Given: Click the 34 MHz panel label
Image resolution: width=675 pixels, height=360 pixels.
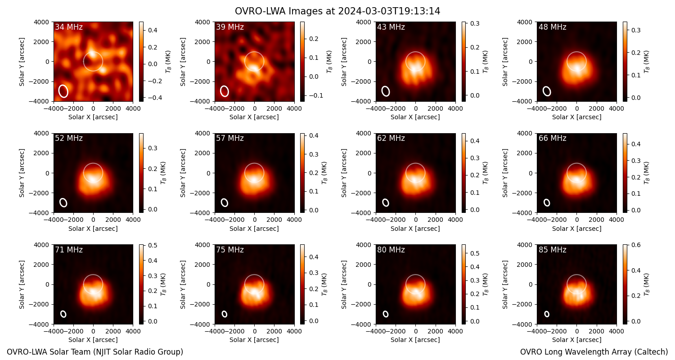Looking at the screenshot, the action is tap(69, 27).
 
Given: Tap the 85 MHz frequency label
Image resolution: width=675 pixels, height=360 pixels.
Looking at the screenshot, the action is tap(552, 250).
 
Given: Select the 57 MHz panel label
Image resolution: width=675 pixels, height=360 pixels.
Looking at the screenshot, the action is tap(230, 138).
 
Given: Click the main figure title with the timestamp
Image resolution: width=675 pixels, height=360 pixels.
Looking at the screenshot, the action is tap(337, 11).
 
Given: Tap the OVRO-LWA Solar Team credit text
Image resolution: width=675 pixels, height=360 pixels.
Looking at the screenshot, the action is tap(95, 352).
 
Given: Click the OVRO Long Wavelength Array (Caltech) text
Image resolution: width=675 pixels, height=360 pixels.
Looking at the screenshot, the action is tap(594, 352).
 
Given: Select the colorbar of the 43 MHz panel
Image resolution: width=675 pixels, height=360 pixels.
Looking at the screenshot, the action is tap(463, 62).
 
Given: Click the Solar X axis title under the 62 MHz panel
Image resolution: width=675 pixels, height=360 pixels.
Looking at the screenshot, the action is tap(415, 229).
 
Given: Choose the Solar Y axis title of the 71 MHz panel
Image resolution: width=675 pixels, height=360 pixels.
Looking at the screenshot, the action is tap(22, 285).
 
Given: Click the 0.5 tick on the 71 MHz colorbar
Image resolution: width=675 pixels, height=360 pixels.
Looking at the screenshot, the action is tap(153, 245).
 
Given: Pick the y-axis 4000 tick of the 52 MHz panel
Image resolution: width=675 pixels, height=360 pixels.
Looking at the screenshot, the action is tap(42, 133).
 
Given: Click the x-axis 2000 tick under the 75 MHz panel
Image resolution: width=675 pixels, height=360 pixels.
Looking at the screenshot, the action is tap(274, 331).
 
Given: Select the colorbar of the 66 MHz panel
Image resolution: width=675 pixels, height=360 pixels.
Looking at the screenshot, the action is tap(625, 173).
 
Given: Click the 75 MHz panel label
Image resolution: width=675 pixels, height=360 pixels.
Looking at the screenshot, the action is tap(230, 250).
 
